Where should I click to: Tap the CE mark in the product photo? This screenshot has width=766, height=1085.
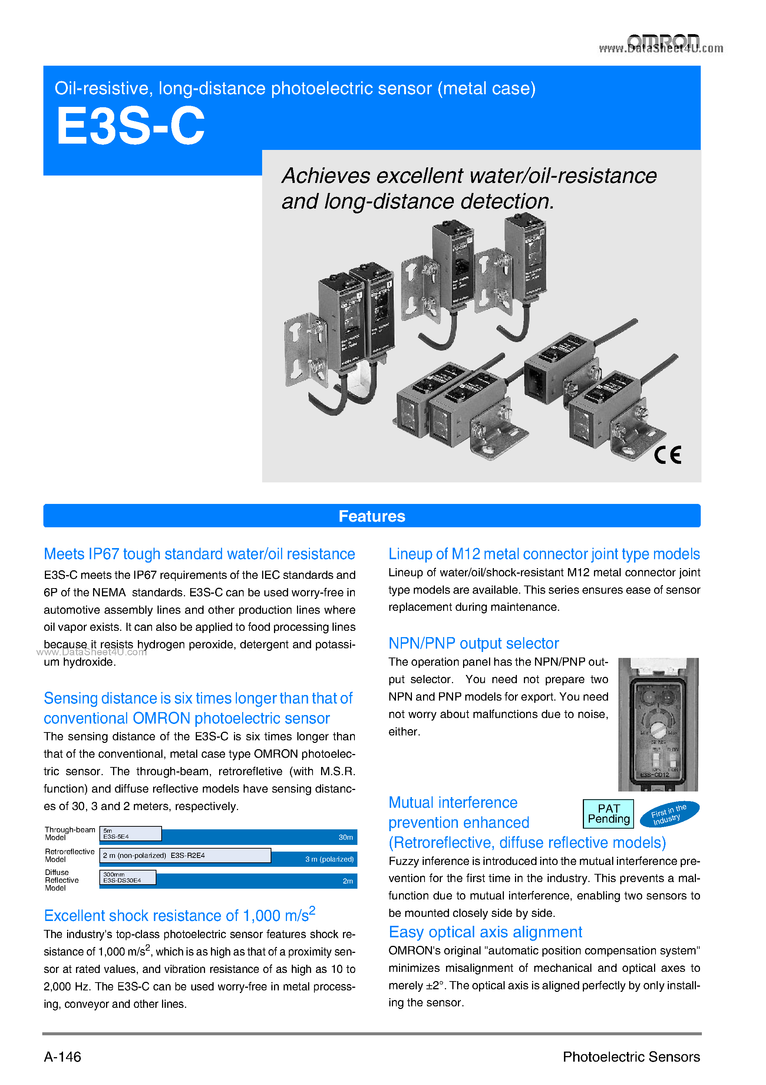pyautogui.click(x=667, y=455)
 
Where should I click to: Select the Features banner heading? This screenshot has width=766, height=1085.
pyautogui.click(x=372, y=516)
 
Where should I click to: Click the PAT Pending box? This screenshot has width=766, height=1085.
pyautogui.click(x=608, y=814)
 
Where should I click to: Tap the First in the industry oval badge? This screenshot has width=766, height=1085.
pyautogui.click(x=669, y=814)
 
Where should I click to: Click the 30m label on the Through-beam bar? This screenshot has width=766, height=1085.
pyautogui.click(x=345, y=837)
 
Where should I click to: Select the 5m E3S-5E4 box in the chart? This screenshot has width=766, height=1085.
pyautogui.click(x=131, y=833)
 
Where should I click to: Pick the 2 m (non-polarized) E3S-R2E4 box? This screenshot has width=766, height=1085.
pyautogui.click(x=185, y=855)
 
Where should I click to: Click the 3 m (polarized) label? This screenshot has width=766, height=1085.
pyautogui.click(x=329, y=859)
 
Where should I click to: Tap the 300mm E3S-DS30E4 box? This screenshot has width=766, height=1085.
pyautogui.click(x=128, y=877)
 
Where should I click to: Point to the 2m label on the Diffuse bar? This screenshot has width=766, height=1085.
pyautogui.click(x=347, y=881)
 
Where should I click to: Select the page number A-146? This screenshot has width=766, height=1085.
pyautogui.click(x=62, y=1057)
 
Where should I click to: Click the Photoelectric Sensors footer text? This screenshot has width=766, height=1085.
pyautogui.click(x=631, y=1057)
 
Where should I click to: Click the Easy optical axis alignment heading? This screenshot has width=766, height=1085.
pyautogui.click(x=485, y=932)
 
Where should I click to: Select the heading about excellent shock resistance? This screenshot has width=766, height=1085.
pyautogui.click(x=179, y=915)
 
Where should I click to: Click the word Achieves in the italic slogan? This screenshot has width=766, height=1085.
pyautogui.click(x=326, y=176)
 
